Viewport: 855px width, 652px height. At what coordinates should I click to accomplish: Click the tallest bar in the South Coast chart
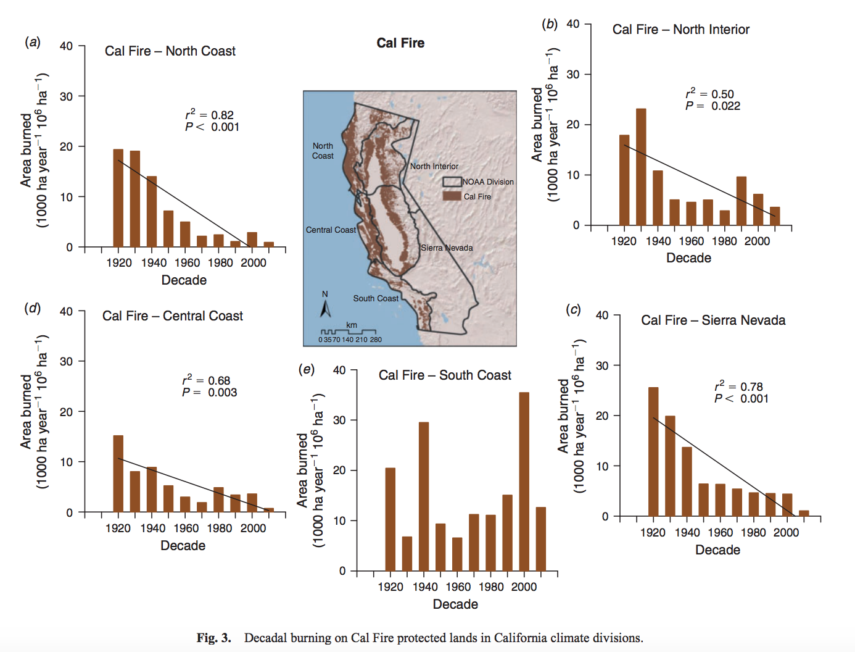pos(524,482)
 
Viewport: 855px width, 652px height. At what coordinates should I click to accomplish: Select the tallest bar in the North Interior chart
pos(641,167)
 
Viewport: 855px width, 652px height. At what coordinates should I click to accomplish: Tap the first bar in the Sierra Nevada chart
pos(653,451)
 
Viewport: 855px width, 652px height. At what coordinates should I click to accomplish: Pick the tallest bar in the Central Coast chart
pos(118,474)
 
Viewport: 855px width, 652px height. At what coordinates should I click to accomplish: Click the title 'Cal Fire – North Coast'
pos(170,51)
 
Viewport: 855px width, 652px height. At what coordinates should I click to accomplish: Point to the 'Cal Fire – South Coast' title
pos(445,375)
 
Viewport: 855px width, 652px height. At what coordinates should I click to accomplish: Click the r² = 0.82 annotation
pos(210,115)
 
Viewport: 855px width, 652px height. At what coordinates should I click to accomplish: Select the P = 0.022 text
pos(712,106)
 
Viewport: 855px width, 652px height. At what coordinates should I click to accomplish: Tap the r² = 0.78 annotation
pos(738,387)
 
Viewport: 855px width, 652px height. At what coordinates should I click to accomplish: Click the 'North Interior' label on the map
pos(434,166)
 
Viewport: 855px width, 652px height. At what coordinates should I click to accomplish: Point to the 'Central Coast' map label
pos(331,230)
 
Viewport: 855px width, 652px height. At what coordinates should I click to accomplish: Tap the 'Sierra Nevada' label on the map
pos(447,248)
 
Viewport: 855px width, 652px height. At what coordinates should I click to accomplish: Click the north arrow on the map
pos(326,306)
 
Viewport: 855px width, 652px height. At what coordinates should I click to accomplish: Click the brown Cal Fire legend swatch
pos(452,196)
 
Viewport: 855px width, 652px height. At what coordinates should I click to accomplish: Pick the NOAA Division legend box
pos(452,182)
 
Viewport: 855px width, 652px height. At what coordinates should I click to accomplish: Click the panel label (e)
pos(307,369)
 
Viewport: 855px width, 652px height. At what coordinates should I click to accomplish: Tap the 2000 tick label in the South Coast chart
pos(524,587)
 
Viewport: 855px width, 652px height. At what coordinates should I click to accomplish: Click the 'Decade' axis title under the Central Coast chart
pos(183,546)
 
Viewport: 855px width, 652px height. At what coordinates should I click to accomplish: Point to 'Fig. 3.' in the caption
pos(213,638)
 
